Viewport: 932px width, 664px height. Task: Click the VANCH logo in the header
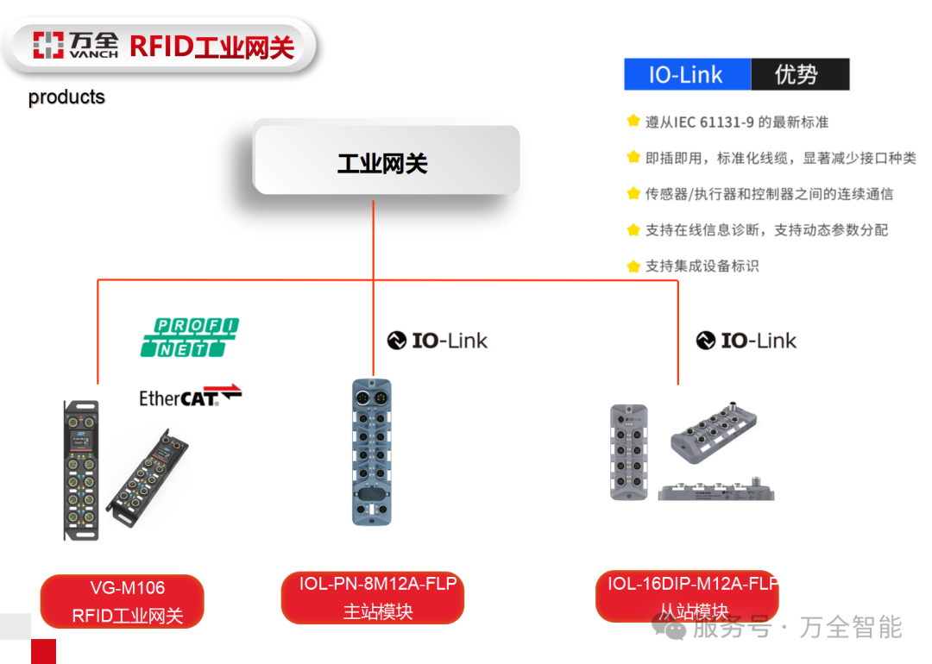75,45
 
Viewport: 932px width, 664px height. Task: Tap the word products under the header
66,97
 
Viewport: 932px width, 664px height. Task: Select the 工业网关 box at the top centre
385,162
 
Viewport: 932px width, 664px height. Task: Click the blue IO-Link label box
687,75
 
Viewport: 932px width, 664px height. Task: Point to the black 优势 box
799,75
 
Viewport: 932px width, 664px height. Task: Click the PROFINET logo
190,337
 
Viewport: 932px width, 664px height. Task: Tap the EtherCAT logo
190,396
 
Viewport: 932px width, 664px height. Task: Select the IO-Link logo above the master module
437,341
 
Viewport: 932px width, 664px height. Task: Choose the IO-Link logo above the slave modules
746,341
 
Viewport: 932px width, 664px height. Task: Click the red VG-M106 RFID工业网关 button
123,601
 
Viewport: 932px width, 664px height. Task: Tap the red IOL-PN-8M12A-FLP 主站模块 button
373,598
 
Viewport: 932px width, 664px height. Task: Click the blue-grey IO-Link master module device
372,451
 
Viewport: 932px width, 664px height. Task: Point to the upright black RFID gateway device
82,470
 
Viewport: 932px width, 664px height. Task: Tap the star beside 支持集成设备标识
633,266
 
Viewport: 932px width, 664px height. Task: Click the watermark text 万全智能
850,627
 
